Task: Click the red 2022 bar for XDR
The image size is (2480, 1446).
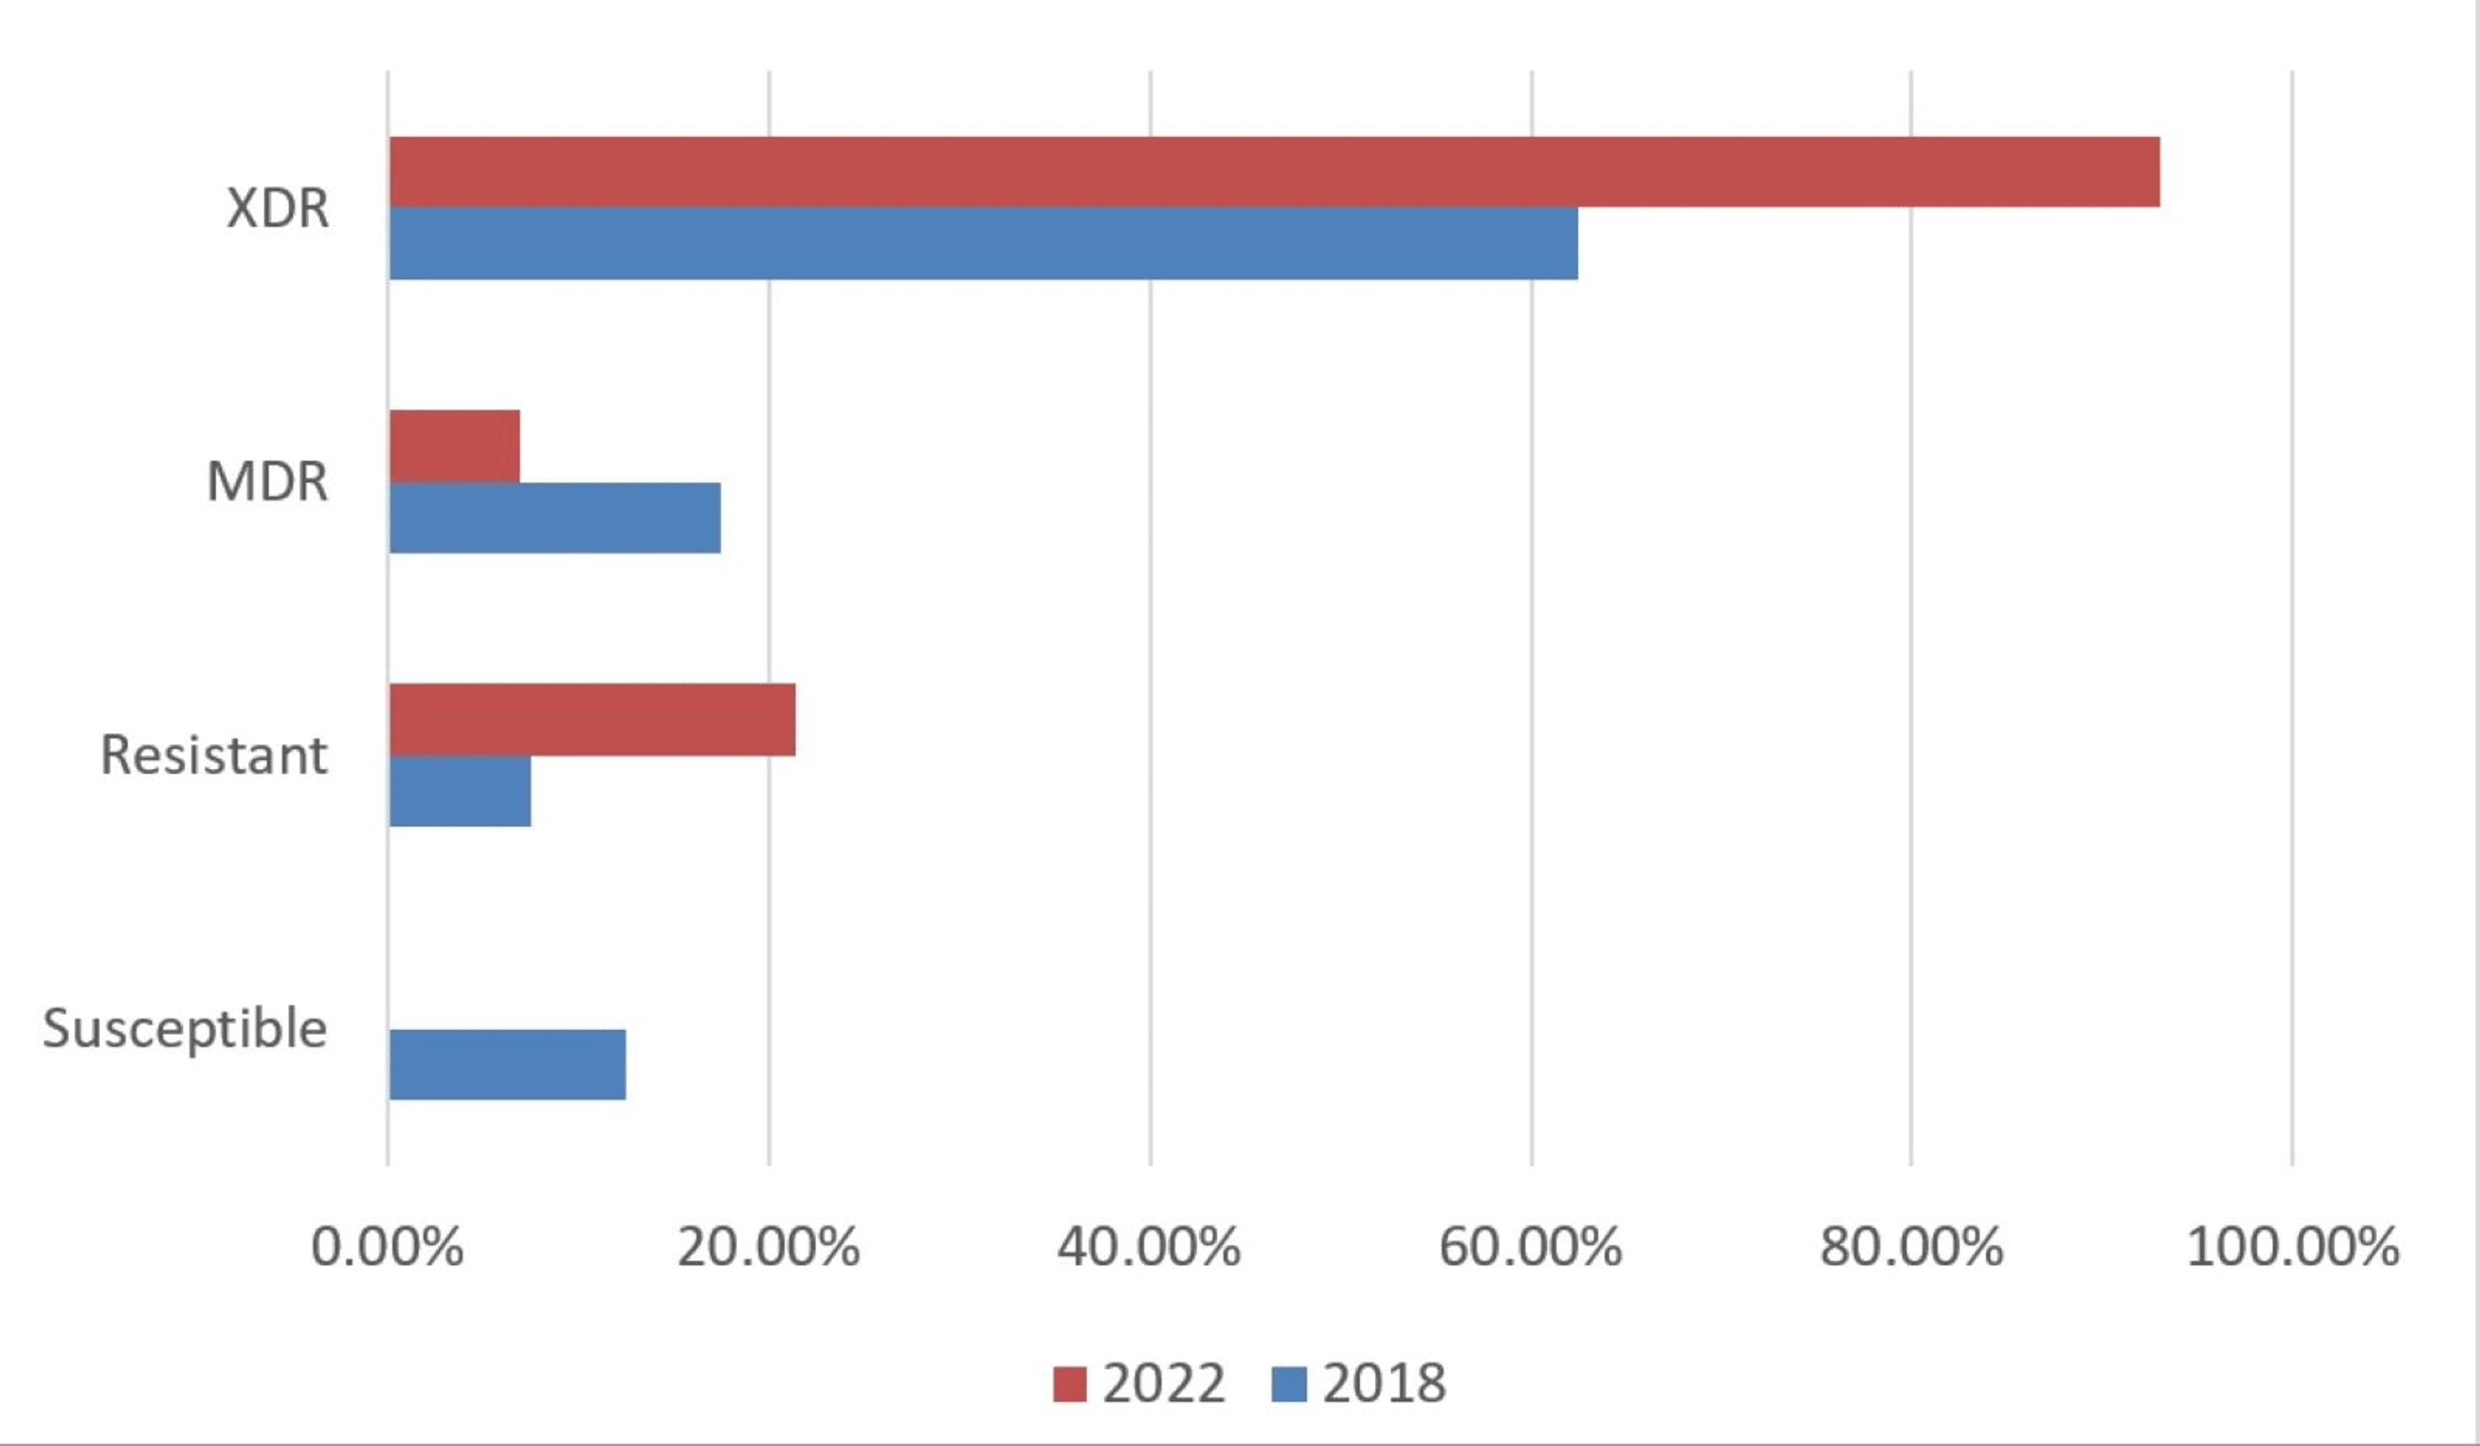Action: pyautogui.click(x=1275, y=172)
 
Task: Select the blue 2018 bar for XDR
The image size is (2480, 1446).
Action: pyautogui.click(x=984, y=243)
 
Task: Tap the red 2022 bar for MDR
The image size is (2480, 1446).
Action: pyautogui.click(x=455, y=446)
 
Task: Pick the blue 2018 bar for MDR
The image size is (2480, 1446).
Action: pyautogui.click(x=555, y=518)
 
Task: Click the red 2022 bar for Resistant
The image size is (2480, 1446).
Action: pyautogui.click(x=593, y=719)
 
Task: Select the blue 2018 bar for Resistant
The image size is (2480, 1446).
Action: pyautogui.click(x=460, y=791)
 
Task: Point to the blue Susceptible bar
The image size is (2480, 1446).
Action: pyautogui.click(x=508, y=1064)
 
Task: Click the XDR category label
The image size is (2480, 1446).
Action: pyautogui.click(x=279, y=208)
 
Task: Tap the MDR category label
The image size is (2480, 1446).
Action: pyautogui.click(x=268, y=481)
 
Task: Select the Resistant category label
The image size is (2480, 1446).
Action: pyautogui.click(x=215, y=755)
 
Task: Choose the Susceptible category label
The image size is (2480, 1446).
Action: pyautogui.click(x=185, y=1028)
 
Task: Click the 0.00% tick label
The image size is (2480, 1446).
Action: pyautogui.click(x=387, y=1247)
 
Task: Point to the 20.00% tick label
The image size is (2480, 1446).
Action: pyautogui.click(x=769, y=1247)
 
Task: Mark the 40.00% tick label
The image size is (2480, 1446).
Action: pyautogui.click(x=1149, y=1247)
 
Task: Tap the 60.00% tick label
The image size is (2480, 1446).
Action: pyautogui.click(x=1530, y=1247)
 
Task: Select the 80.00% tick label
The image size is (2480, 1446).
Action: pyautogui.click(x=1911, y=1247)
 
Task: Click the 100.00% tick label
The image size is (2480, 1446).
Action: pyautogui.click(x=2293, y=1247)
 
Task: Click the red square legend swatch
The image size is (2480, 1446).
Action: pyautogui.click(x=1070, y=1384)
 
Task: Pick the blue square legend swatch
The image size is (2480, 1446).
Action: pyautogui.click(x=1290, y=1384)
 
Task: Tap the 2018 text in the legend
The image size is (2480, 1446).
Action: pyautogui.click(x=1385, y=1383)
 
